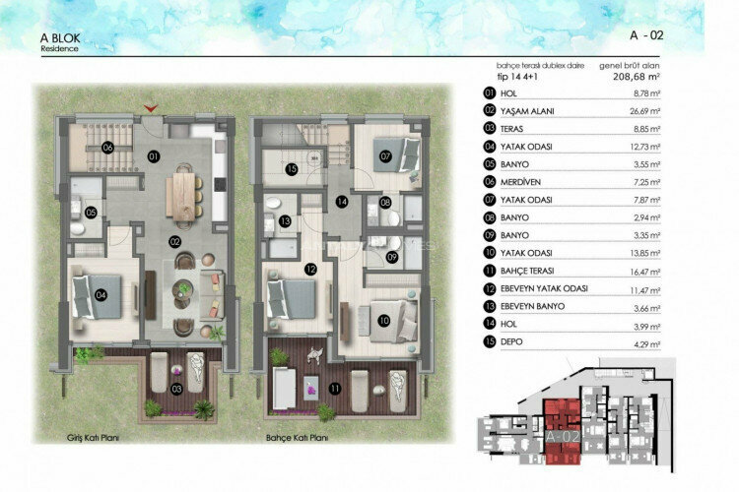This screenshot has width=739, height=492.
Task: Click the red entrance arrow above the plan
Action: [150, 107]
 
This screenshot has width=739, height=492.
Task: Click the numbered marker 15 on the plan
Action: [292, 169]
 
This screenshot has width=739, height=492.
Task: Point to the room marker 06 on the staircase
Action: [106, 148]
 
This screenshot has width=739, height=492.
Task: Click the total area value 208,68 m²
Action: [637, 75]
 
